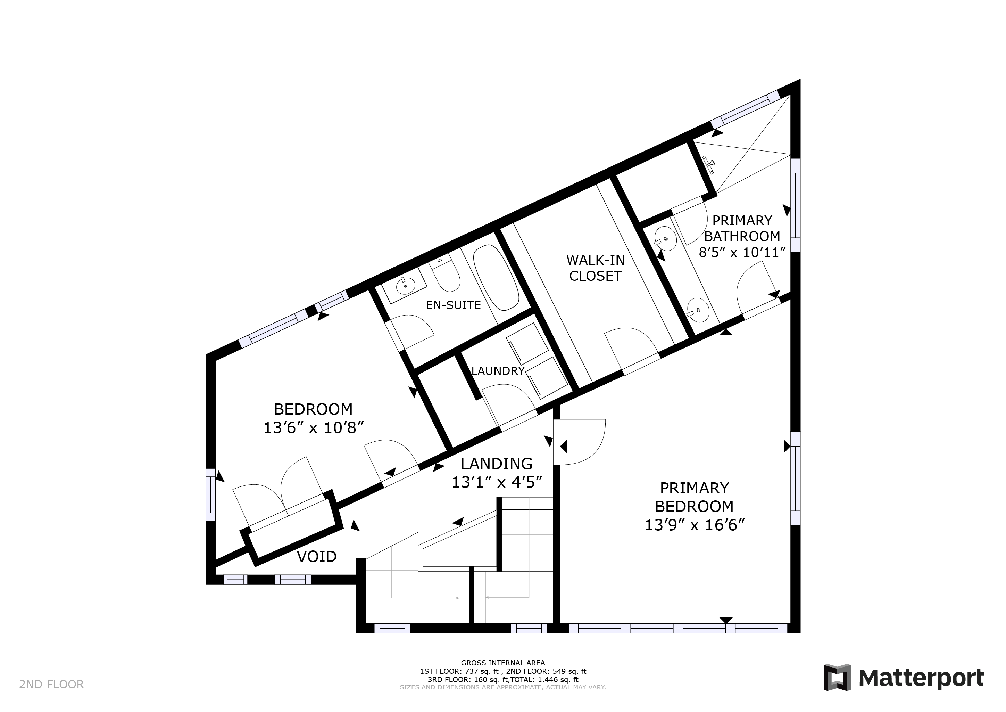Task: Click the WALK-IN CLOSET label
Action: [596, 268]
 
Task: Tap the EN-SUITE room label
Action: [454, 305]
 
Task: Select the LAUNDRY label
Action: [498, 371]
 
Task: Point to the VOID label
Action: [317, 557]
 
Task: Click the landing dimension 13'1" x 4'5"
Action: [497, 483]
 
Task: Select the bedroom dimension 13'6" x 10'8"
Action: [314, 427]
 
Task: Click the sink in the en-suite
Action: [406, 286]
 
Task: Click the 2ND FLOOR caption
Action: [51, 685]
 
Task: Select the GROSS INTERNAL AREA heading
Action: [503, 663]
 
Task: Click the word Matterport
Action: [921, 678]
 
